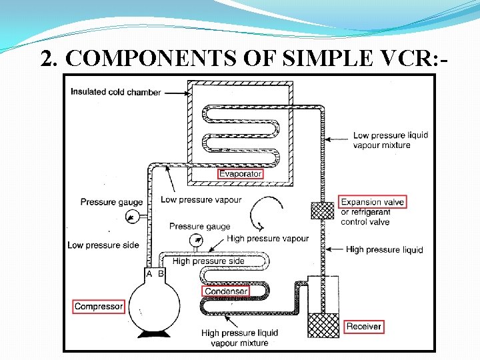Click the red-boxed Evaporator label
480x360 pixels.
tap(241, 174)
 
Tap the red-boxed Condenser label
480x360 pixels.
tap(226, 291)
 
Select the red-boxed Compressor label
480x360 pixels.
tap(99, 307)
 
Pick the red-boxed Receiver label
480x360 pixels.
tap(364, 327)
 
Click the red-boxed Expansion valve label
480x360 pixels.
tap(372, 202)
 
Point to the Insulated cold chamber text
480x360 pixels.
tap(116, 92)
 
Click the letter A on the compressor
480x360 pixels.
tap(149, 274)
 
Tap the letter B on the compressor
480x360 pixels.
tap(161, 274)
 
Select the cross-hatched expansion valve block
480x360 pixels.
tap(323, 210)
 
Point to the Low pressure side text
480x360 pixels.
tap(103, 245)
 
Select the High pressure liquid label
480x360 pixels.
tap(384, 250)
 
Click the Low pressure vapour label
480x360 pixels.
tap(201, 199)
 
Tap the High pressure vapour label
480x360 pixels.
tap(268, 239)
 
